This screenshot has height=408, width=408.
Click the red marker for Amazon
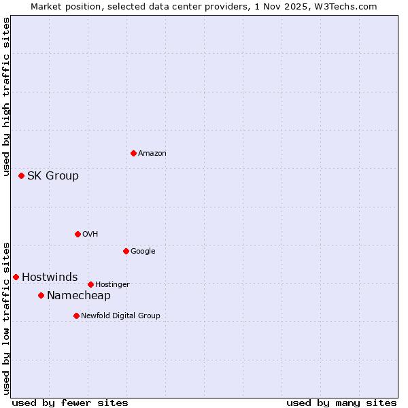click(133, 153)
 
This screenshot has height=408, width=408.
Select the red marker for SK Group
click(21, 175)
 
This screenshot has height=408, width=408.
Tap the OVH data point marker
click(78, 234)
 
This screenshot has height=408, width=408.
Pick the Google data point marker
click(126, 251)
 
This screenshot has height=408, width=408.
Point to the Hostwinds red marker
click(16, 277)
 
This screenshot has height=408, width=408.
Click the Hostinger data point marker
click(90, 284)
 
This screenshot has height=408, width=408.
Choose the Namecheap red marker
click(41, 295)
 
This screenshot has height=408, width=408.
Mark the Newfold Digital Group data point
click(76, 316)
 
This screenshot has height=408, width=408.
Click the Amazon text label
click(152, 154)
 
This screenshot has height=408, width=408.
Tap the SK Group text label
click(53, 176)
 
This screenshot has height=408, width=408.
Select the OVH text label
click(90, 235)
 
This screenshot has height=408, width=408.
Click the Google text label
click(143, 252)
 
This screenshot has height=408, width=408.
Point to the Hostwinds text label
click(50, 277)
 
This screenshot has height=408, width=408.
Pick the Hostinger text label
click(112, 285)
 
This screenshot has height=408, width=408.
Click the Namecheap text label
click(79, 296)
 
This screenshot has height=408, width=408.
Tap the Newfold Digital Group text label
click(120, 316)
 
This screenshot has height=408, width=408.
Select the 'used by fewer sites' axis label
click(70, 403)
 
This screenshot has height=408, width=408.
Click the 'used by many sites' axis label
click(341, 403)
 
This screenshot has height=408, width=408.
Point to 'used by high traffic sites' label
click(6, 97)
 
